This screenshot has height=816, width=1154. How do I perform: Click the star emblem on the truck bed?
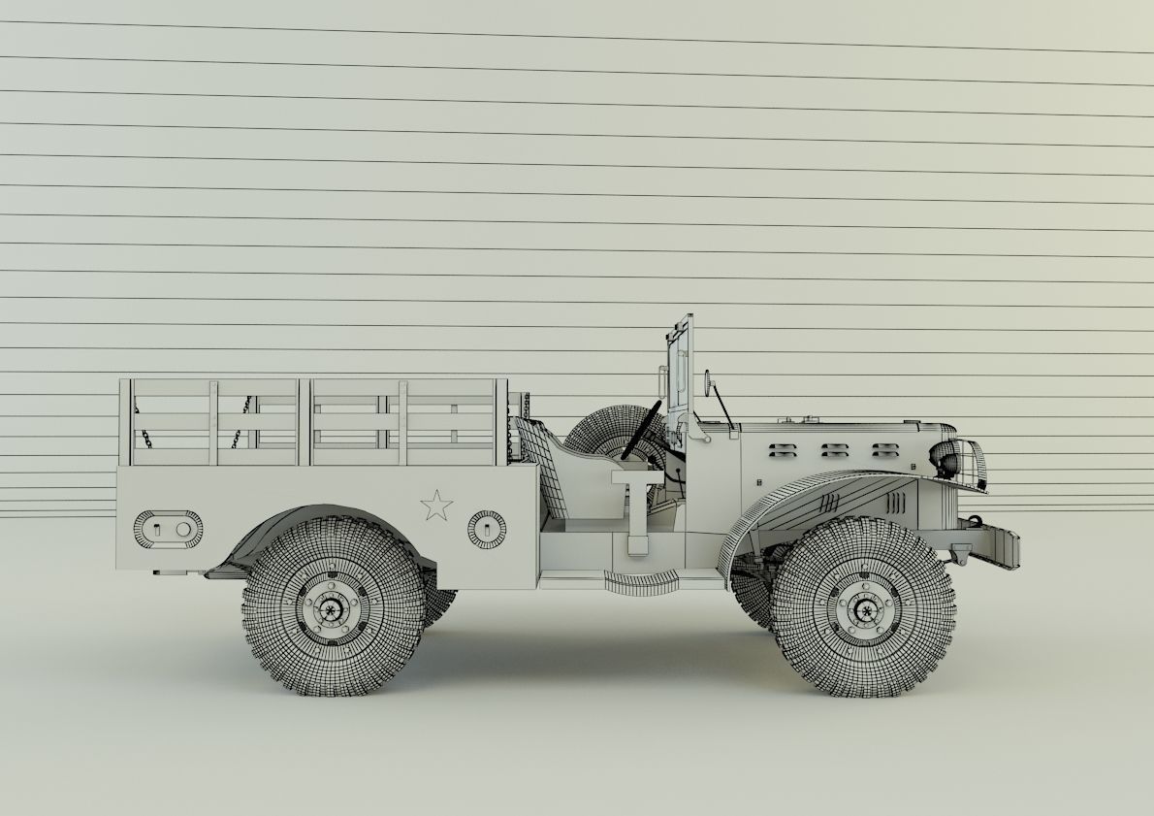click(436, 505)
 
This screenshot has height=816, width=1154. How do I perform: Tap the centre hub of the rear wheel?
click(332, 608)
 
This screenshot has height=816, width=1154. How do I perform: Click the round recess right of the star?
click(486, 528)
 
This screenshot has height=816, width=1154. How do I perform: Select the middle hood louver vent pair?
click(834, 450)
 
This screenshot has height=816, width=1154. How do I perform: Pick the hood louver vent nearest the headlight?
click(884, 450)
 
